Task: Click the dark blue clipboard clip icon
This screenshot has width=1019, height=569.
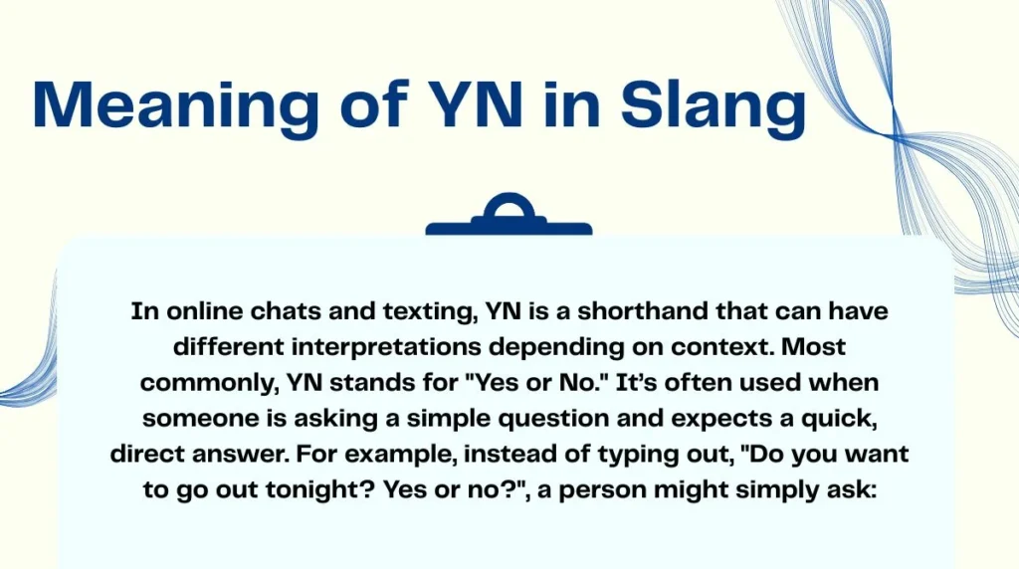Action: click(509, 216)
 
